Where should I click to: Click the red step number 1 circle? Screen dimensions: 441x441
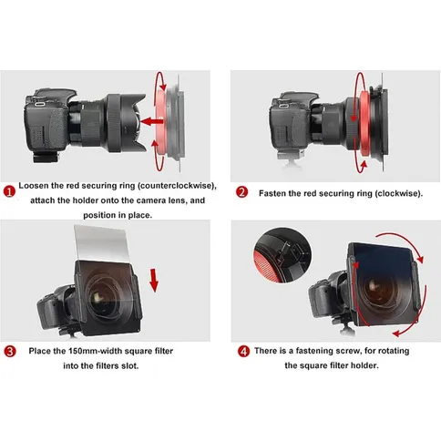coord(9,191)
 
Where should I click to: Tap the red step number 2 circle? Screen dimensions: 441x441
coord(242,192)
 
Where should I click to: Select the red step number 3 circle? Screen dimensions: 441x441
coord(10,352)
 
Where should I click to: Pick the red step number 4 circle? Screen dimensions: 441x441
coord(243,351)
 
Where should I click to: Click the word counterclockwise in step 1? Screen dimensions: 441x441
coord(177,186)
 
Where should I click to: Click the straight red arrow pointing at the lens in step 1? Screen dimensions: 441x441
coord(152,122)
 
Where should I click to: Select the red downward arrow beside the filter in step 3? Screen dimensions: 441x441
coord(154,280)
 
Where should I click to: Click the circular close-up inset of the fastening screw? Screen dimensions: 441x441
coord(282,255)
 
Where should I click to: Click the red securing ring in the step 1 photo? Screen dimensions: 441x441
coord(160,121)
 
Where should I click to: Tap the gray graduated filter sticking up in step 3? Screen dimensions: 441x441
coord(97,242)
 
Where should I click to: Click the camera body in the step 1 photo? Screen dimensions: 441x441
coord(46,125)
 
